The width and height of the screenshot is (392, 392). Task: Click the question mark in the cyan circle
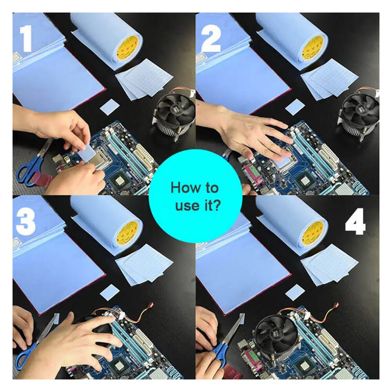216,205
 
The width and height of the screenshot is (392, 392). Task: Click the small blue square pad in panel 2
295,107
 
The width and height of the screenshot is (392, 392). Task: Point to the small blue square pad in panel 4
295,292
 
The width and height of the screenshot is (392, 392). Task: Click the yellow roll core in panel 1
128,49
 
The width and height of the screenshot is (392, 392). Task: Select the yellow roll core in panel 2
313,49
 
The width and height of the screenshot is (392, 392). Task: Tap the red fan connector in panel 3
151,305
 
